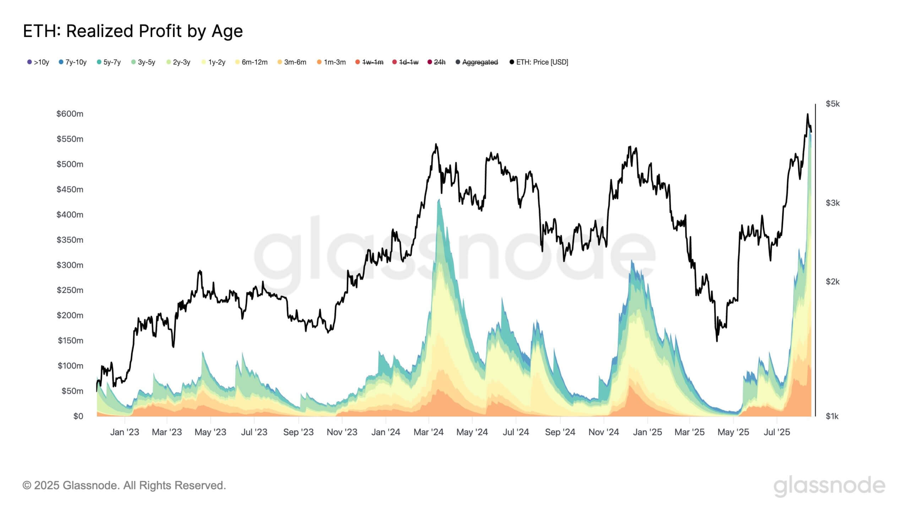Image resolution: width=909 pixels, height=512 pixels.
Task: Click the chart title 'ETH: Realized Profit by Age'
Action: pos(133,31)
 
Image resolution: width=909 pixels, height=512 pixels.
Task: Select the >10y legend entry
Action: pos(38,62)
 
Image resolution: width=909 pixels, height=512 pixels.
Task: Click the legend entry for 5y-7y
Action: pos(109,62)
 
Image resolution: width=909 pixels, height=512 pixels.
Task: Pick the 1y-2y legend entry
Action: pos(214,62)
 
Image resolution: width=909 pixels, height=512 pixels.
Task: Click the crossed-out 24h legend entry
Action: pos(437,62)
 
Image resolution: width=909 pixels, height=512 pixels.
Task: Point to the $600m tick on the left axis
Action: pos(70,114)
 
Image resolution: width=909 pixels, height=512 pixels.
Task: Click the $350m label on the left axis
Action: pos(70,240)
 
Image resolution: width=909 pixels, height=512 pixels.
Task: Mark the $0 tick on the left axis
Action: pos(78,416)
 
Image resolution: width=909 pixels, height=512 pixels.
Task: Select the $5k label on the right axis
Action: pos(833,104)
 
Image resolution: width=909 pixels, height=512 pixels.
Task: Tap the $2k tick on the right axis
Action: pos(833,282)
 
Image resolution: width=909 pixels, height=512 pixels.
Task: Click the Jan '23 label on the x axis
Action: pos(125,432)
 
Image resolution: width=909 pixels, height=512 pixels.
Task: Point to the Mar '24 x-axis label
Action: pos(429,432)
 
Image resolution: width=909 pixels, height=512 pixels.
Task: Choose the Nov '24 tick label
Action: pos(604,432)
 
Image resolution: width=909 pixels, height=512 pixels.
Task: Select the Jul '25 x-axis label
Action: pos(777,432)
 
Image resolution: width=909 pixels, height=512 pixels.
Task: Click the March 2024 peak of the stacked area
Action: pos(439,200)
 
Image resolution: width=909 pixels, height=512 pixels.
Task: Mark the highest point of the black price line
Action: pos(807,114)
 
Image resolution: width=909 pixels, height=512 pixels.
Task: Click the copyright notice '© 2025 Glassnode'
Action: pos(124,485)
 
